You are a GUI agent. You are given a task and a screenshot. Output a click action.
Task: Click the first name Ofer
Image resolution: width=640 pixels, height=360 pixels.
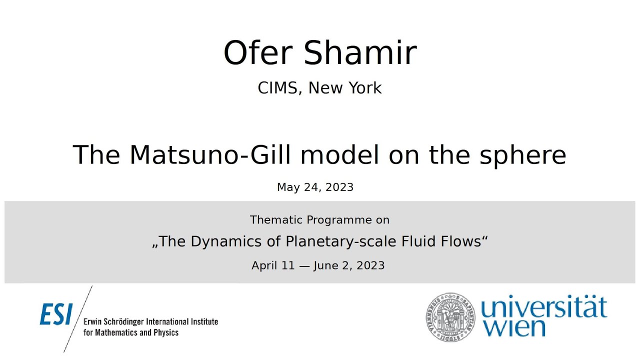[x=259, y=53]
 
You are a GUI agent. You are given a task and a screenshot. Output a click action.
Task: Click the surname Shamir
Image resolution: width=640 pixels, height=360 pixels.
[x=360, y=53]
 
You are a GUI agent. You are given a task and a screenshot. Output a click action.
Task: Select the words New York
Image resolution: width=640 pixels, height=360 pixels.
[x=345, y=88]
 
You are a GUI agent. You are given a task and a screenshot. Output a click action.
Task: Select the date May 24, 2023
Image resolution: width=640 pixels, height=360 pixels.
[x=315, y=187]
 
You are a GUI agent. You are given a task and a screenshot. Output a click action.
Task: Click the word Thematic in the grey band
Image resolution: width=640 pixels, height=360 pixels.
[x=276, y=220]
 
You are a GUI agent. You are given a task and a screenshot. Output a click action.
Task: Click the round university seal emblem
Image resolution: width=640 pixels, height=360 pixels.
[x=449, y=316]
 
